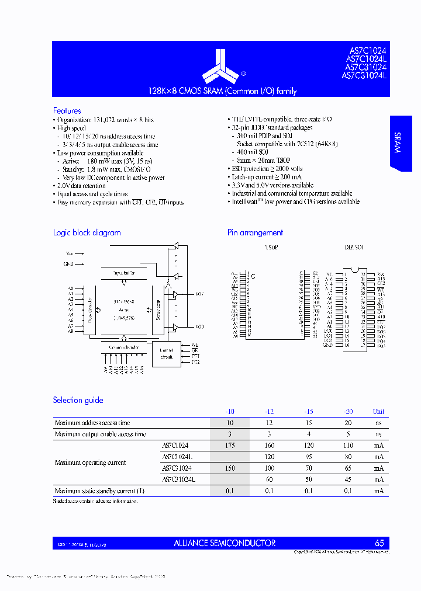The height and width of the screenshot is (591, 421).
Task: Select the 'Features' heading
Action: pos(67,111)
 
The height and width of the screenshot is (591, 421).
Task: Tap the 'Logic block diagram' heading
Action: pos(87,232)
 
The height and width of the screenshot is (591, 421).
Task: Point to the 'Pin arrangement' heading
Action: pos(255,232)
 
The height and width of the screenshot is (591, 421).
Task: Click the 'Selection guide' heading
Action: pos(78,400)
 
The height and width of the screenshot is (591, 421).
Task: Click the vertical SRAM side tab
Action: pos(397,142)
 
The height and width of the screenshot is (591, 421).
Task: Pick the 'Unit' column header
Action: pos(378,412)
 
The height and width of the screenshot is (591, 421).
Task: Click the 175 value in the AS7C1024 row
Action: pos(229,445)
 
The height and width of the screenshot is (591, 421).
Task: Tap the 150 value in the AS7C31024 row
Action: pos(229,468)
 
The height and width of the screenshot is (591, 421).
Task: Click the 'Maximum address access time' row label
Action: pos(92,423)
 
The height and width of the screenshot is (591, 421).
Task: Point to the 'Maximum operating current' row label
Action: pos(90,463)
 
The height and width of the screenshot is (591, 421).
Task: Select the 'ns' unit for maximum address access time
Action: pos(378,423)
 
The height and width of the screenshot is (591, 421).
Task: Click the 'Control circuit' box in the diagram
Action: pos(166,354)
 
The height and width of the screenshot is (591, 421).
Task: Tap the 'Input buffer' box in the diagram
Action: pos(124,273)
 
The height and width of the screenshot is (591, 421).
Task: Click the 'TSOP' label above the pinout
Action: pos(272,248)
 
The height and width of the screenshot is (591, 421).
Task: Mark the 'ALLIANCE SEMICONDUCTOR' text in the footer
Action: pos(225,543)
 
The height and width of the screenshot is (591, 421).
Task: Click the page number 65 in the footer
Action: pos(379,543)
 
